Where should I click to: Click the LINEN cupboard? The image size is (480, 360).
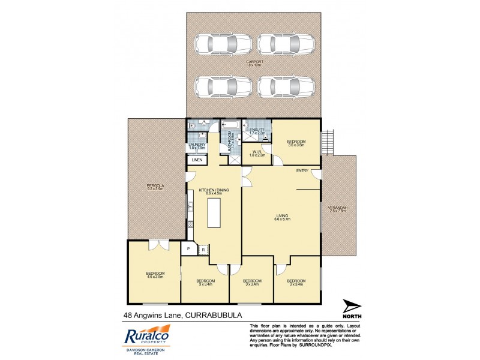click(x=196, y=160)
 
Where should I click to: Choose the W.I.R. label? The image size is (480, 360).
click(x=256, y=152)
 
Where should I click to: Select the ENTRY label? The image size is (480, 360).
click(x=302, y=171)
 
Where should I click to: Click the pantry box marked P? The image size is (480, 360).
click(x=188, y=249)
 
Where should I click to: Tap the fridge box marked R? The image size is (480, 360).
click(x=203, y=249)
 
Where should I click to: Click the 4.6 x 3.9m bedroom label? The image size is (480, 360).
click(x=155, y=275)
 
